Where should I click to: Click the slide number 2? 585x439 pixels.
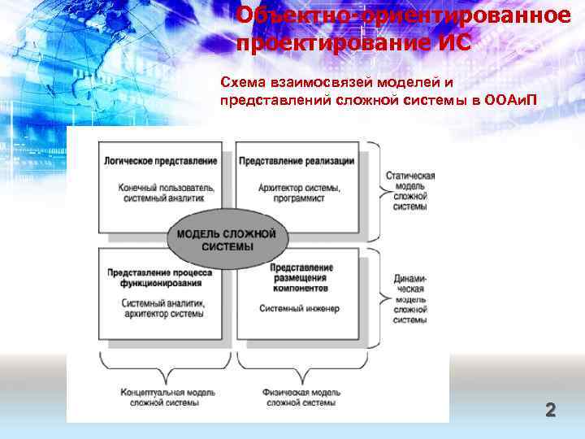coord(550,410)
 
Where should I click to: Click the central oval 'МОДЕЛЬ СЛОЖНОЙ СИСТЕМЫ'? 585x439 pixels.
coord(222,240)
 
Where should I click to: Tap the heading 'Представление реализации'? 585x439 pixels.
coord(297,161)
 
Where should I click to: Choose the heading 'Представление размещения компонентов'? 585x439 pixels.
coord(300,278)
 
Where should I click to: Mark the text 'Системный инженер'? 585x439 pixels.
coord(299,309)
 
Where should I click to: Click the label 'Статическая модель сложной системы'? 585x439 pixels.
coord(409,191)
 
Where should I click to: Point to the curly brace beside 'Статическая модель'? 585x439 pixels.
coord(375,191)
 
